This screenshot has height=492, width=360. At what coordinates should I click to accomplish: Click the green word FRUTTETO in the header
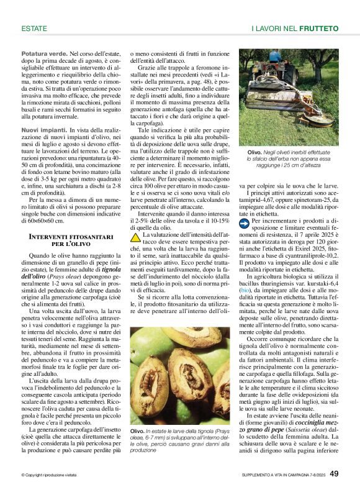[x=318, y=29]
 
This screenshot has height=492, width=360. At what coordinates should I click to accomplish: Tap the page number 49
[x=333, y=474]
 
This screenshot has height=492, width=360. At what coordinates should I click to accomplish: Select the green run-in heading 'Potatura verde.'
[x=42, y=55]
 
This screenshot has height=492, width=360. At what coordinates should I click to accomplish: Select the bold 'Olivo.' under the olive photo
[x=138, y=431]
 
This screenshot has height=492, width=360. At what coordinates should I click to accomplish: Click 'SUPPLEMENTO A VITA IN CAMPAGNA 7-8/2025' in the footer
[x=279, y=475]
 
